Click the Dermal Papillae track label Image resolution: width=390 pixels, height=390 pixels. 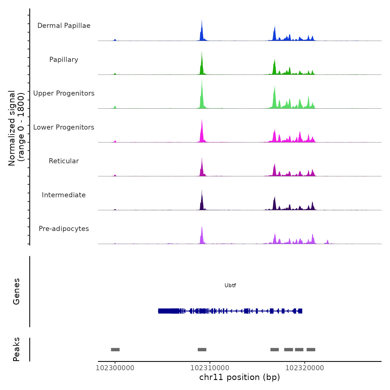[64, 26]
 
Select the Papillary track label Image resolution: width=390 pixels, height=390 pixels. [64, 60]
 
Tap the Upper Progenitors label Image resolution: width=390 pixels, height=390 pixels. [64, 93]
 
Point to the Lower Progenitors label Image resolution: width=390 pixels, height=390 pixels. [64, 127]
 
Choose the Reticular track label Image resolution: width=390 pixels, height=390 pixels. [64, 161]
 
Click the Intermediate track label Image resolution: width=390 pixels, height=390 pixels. [64, 195]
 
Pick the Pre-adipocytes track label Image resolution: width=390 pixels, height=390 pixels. [64, 229]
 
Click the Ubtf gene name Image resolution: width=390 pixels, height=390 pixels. [230, 286]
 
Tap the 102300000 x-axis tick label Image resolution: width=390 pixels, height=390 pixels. [115, 368]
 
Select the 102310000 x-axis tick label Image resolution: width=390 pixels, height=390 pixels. [210, 368]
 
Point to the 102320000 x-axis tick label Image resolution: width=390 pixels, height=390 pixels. [305, 368]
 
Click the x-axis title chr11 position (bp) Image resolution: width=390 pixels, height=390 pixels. [240, 377]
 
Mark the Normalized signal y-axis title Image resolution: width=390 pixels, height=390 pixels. [16, 128]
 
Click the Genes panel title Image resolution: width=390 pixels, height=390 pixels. [16, 291]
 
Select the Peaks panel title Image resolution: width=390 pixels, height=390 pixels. [16, 349]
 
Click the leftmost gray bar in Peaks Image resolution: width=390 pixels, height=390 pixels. [115, 350]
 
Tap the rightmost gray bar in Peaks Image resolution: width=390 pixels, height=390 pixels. [311, 350]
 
